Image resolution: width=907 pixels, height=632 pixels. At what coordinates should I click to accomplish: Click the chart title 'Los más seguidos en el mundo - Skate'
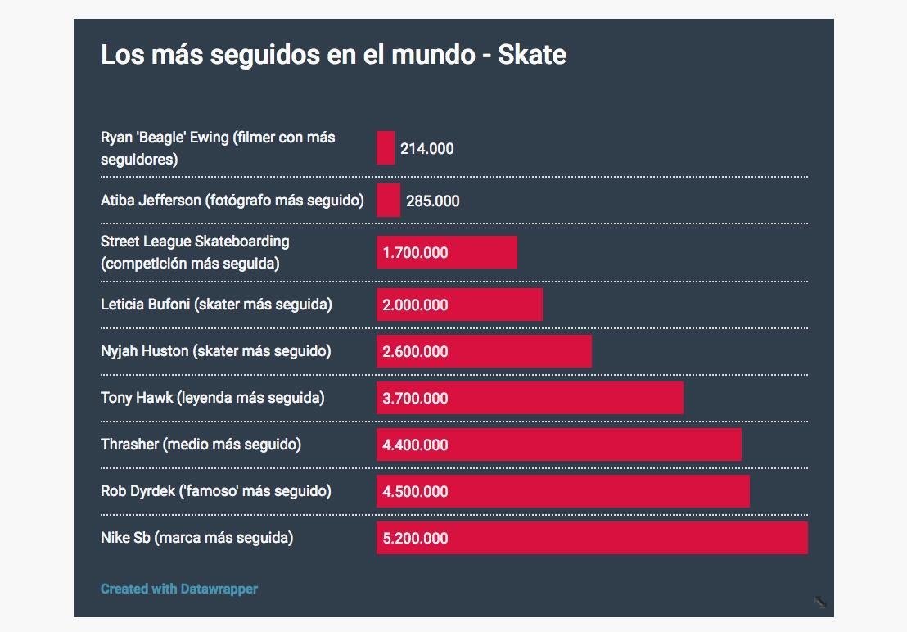tap(333, 55)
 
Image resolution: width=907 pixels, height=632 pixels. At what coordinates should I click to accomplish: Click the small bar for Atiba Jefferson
tap(388, 201)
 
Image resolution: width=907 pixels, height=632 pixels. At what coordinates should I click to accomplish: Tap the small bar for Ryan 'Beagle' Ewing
tap(386, 148)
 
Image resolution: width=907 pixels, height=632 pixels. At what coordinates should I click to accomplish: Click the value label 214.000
tap(427, 149)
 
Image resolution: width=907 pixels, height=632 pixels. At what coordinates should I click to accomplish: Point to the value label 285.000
tap(433, 201)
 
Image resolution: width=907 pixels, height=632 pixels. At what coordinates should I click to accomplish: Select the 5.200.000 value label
tap(416, 539)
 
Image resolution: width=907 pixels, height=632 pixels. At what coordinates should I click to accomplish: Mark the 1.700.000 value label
tap(416, 253)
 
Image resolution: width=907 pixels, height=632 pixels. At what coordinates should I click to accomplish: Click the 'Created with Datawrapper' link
tap(179, 589)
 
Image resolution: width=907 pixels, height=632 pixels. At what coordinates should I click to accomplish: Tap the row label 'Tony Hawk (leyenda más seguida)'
tap(213, 398)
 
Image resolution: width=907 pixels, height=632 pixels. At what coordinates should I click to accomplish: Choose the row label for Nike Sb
tap(196, 538)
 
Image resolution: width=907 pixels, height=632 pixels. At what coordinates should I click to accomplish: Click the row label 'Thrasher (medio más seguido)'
tap(201, 445)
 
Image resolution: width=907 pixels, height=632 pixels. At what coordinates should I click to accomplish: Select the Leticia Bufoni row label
tap(216, 305)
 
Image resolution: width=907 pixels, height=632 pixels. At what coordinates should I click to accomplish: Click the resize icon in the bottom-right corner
tap(820, 603)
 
